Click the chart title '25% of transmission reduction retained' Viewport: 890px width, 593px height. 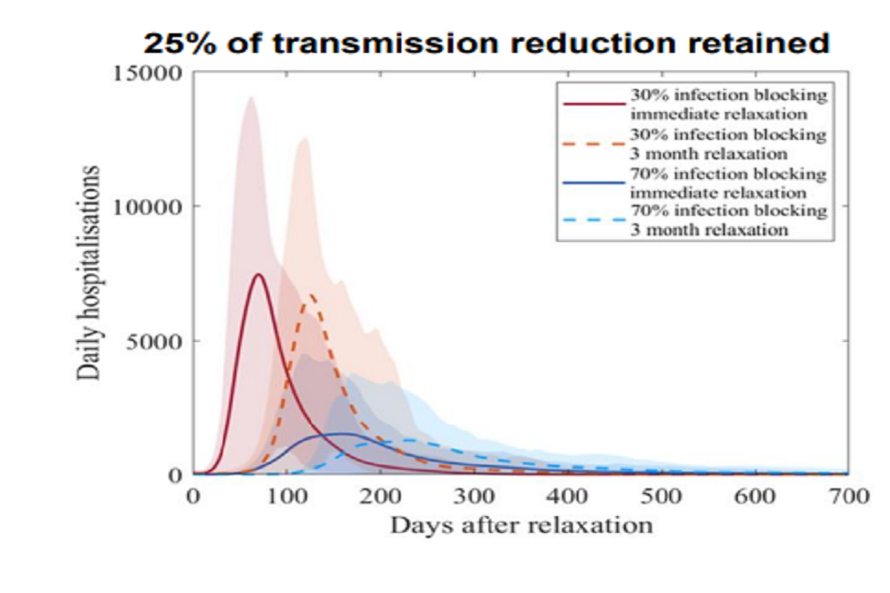coord(485,44)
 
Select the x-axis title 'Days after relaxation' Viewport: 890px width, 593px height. coord(521,525)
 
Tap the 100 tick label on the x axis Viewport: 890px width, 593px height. coord(286,497)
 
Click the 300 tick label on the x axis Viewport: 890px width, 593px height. coord(474,497)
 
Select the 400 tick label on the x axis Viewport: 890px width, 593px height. coord(567,497)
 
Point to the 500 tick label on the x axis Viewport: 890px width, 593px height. coord(661,497)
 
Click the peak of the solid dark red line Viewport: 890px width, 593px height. coord(259,274)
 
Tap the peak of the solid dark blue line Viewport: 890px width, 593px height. coord(344,434)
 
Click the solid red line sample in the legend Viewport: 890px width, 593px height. coord(592,104)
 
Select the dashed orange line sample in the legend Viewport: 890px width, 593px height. coord(592,144)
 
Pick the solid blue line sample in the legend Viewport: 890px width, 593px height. coord(592,183)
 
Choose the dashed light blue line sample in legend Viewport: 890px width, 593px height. coord(592,221)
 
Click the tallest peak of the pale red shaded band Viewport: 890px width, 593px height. coord(249,97)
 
